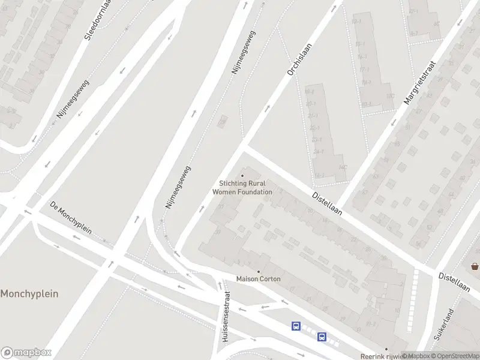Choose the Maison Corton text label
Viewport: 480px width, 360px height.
pyautogui.click(x=259, y=279)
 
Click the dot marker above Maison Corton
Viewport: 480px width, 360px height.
pyautogui.click(x=259, y=271)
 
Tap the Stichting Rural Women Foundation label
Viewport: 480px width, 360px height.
pyautogui.click(x=242, y=188)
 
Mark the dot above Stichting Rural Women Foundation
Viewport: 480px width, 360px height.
pyautogui.click(x=242, y=176)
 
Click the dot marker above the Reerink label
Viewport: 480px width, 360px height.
pyautogui.click(x=386, y=349)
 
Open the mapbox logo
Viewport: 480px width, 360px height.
pyautogui.click(x=26, y=352)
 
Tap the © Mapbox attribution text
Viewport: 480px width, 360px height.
pyautogui.click(x=416, y=356)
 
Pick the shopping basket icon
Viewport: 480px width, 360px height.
pyautogui.click(x=475, y=266)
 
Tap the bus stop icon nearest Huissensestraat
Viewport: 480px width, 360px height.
pyautogui.click(x=296, y=326)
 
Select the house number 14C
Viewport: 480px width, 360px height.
pyautogui.click(x=343, y=167)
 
